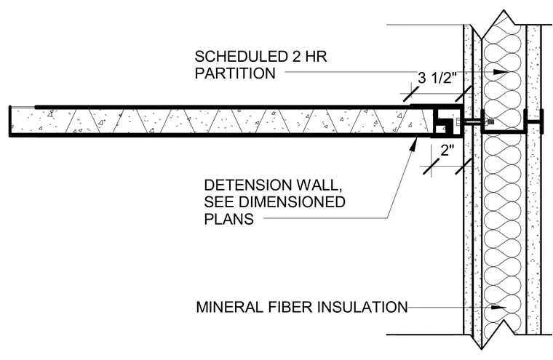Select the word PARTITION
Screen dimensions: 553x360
click(235, 73)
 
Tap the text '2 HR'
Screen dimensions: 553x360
click(309, 57)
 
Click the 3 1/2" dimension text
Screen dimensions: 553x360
click(437, 78)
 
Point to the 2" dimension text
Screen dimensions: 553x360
click(447, 151)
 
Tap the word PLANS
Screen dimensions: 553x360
click(229, 219)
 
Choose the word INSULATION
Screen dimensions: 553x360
click(362, 307)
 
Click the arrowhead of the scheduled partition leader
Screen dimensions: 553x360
click(500, 72)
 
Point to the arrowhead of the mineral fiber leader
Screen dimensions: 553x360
click(498, 308)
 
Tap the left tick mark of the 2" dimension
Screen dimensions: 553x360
click(431, 166)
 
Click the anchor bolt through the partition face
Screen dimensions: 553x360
click(472, 122)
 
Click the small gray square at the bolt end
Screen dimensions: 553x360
click(490, 121)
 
